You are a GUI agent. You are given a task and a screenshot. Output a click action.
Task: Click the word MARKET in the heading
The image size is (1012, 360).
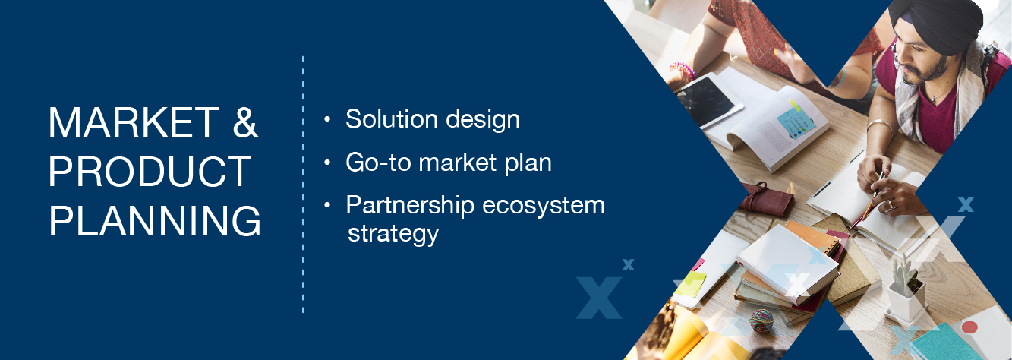134,122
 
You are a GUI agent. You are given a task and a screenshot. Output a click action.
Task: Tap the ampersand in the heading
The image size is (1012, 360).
245,122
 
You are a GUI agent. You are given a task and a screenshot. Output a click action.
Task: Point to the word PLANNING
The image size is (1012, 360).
155,221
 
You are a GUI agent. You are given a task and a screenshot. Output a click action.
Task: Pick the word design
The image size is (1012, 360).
483,120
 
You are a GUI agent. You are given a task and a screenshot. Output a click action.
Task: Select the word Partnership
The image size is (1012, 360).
410,206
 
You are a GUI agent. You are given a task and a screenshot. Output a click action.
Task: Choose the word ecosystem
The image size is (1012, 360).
544,207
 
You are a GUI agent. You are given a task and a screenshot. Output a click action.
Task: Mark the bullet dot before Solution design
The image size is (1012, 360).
327,120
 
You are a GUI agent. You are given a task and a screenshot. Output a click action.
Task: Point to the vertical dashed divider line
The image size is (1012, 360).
303,185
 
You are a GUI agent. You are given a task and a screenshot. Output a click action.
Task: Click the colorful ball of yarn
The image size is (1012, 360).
761,321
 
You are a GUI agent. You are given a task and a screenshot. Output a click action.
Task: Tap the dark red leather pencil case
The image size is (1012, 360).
766,198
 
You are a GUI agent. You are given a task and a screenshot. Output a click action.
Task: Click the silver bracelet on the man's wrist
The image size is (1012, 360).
878,124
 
